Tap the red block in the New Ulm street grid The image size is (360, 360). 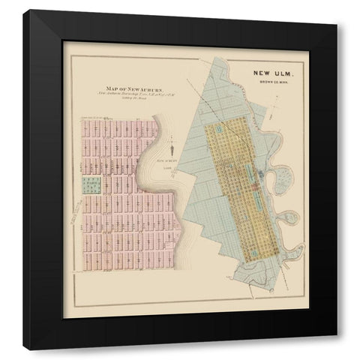pos(255,184)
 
